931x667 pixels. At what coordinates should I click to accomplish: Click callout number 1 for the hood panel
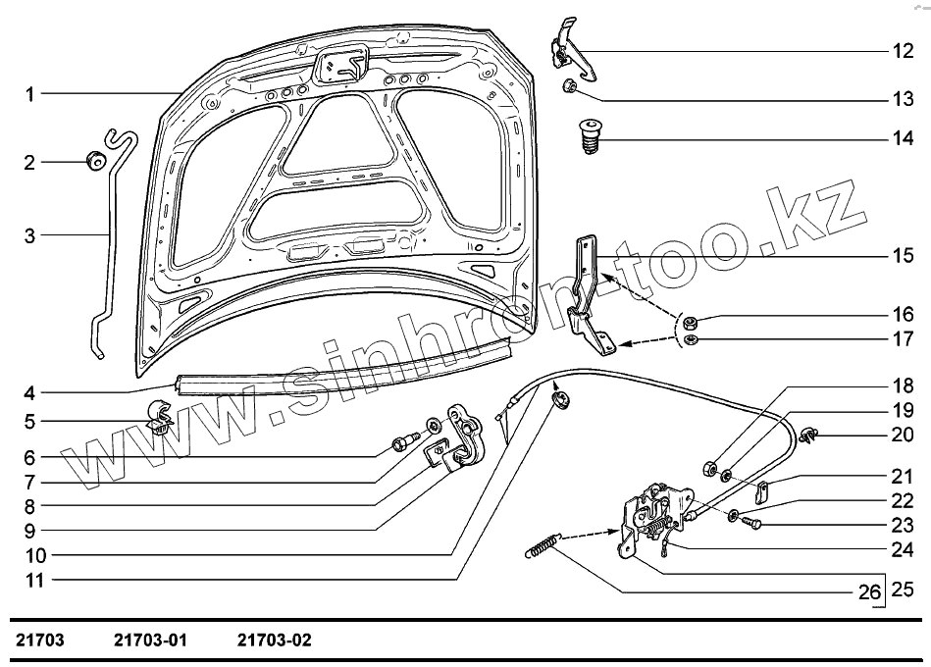(30, 94)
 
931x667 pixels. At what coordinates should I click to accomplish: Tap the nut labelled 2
(96, 161)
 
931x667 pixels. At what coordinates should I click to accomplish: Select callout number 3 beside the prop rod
(30, 236)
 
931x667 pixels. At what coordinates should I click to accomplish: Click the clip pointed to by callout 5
(160, 419)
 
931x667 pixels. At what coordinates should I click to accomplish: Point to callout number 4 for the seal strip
(30, 393)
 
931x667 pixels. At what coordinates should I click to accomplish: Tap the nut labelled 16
(691, 322)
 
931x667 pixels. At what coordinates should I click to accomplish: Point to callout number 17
(902, 340)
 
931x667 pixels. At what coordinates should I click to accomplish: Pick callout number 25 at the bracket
(902, 590)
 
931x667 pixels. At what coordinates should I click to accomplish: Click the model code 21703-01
(150, 641)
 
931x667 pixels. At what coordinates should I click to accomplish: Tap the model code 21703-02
(274, 641)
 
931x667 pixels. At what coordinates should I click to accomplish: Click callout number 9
(30, 532)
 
